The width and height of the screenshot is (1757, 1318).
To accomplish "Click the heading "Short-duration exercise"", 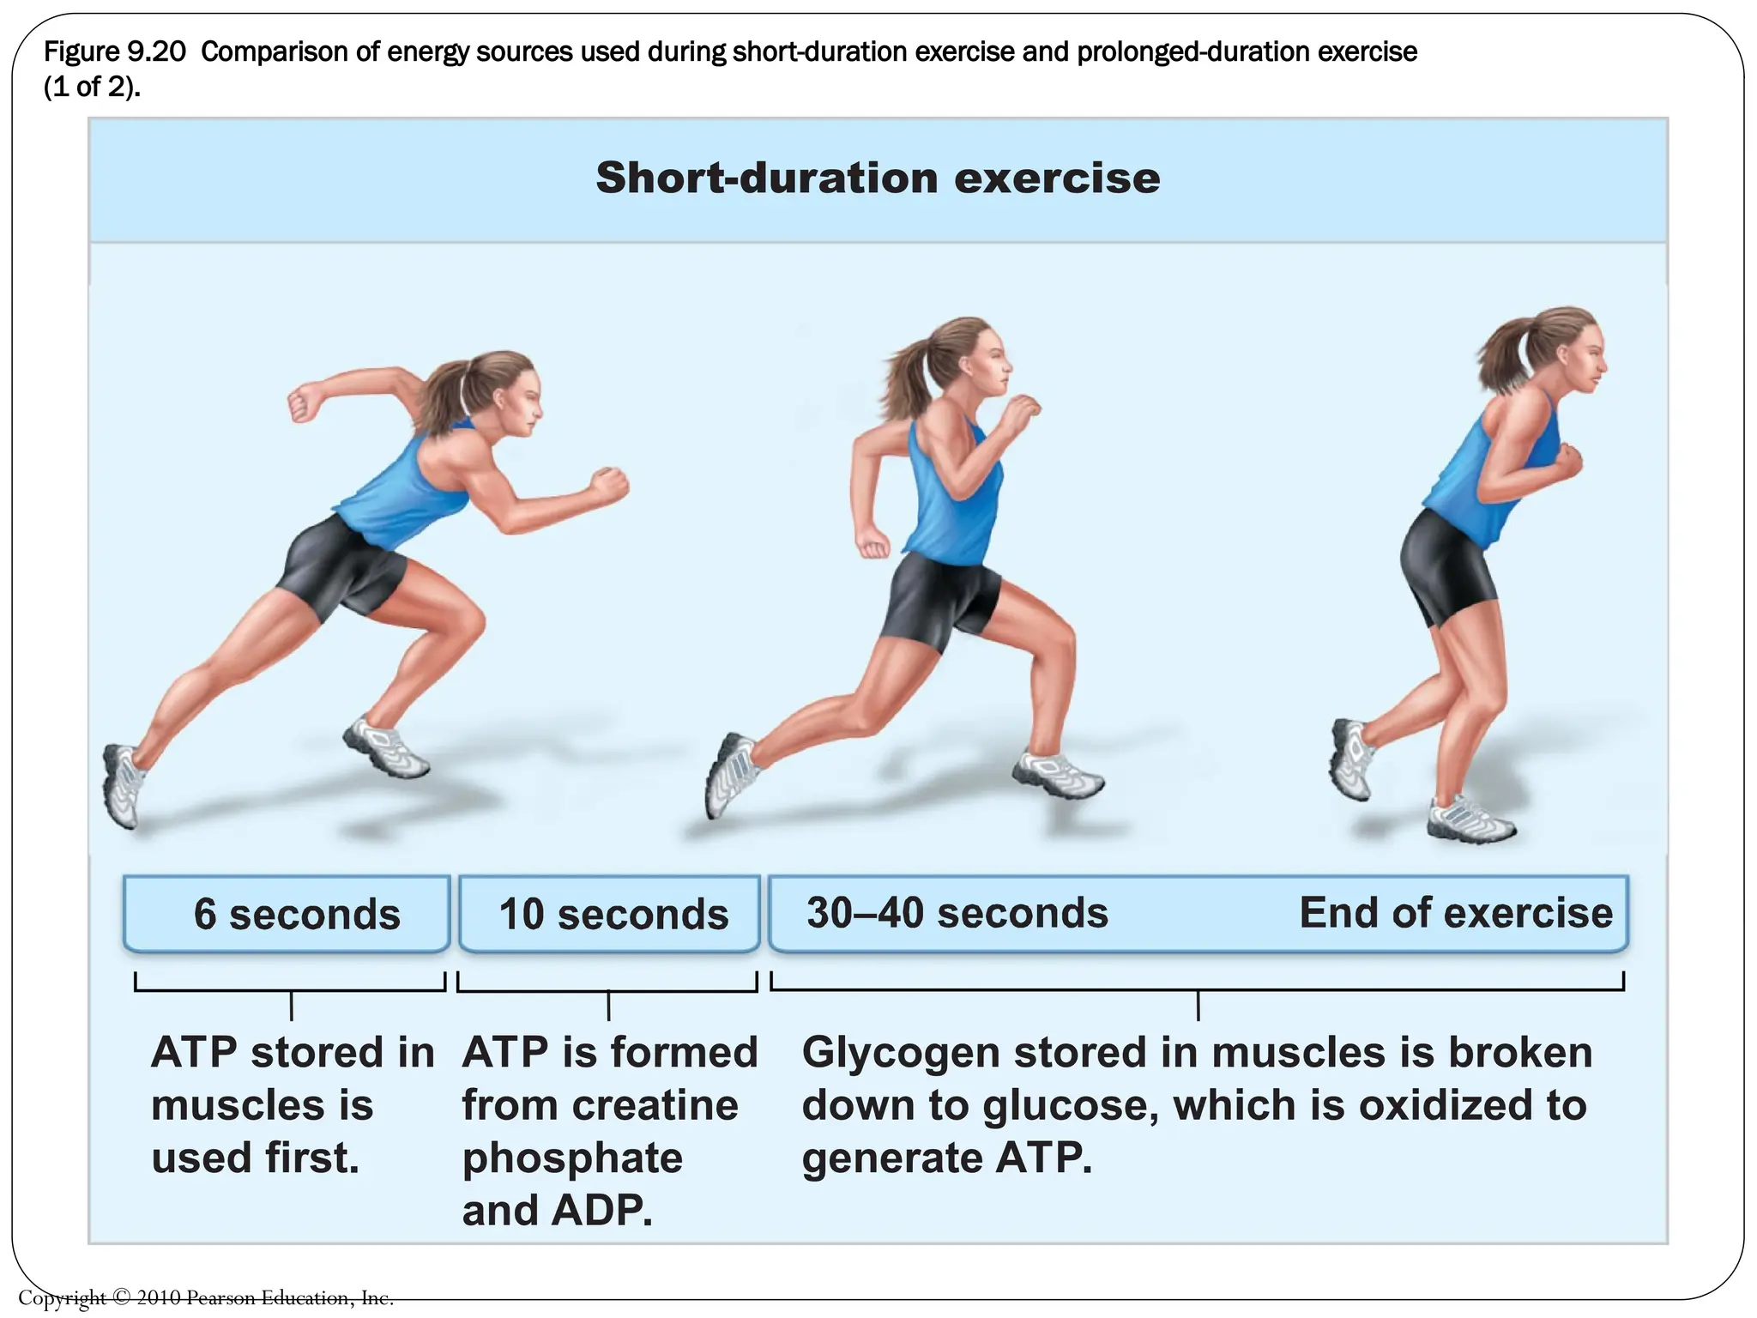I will [x=878, y=178].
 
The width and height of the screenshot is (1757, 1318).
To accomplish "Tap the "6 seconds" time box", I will [x=287, y=914].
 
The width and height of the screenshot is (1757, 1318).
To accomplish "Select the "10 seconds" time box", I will [x=610, y=914].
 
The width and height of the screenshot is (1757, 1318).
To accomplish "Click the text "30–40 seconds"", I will [x=957, y=913].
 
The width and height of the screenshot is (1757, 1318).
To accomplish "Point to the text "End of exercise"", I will [x=1455, y=913].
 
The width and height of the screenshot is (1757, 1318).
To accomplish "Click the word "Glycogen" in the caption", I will [x=900, y=1054].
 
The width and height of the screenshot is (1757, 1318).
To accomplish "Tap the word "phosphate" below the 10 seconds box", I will [x=572, y=1158].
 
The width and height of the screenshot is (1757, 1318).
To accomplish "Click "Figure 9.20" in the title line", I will [x=114, y=52].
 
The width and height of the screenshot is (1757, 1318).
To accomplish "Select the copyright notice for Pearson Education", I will [x=206, y=1297].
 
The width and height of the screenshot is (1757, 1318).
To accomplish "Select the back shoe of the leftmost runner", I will [x=123, y=785].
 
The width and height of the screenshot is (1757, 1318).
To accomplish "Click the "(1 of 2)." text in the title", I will [x=92, y=88].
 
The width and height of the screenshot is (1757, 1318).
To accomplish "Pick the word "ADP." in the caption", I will [x=602, y=1212].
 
